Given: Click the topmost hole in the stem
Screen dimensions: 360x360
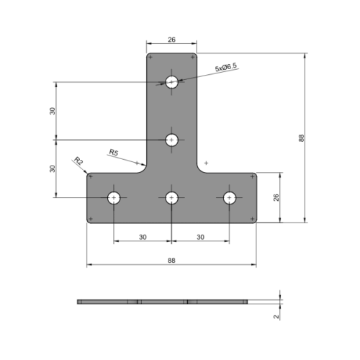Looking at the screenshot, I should click(x=171, y=82).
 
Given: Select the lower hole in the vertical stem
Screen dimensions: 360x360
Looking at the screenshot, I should click(x=171, y=140).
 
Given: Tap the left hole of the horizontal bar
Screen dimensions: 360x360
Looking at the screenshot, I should click(x=114, y=197).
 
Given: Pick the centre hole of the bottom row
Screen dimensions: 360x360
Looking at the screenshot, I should click(x=171, y=197).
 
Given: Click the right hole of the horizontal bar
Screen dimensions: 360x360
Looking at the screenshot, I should click(x=229, y=197).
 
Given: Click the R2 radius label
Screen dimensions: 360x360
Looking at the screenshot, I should click(x=78, y=161).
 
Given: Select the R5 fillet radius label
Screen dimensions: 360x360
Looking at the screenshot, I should click(x=113, y=152).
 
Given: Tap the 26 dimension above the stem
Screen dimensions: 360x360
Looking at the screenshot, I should click(x=171, y=41).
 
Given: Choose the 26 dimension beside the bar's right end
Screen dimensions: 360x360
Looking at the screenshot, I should click(x=276, y=197).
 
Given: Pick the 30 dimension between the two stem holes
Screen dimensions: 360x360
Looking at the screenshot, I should click(x=52, y=111).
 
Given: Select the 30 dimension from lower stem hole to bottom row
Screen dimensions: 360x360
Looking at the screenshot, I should click(x=52, y=168).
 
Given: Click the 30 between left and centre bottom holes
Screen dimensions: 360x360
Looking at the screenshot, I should click(x=143, y=237).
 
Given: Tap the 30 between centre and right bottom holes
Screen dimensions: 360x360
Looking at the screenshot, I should click(x=200, y=237).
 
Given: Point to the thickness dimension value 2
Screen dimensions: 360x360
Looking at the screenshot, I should click(x=276, y=315).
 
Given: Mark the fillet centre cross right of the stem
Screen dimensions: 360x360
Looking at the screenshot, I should click(x=206, y=163).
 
